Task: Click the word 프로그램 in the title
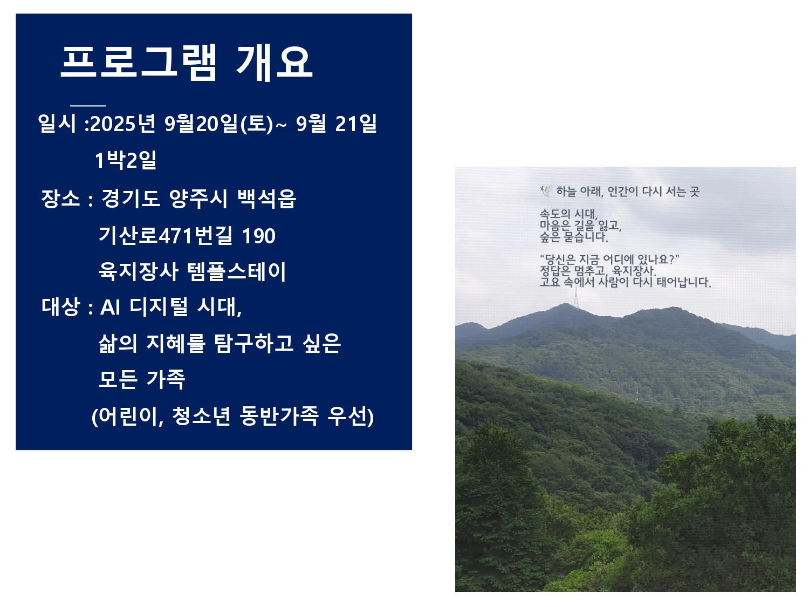click(x=139, y=63)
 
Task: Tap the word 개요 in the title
click(x=275, y=63)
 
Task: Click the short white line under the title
click(x=88, y=106)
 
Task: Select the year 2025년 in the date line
click(x=123, y=123)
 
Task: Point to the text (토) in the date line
click(x=257, y=123)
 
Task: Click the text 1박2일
click(x=126, y=160)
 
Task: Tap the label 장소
click(x=60, y=199)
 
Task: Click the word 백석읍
click(x=266, y=199)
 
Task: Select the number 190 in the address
click(x=259, y=236)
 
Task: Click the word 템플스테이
click(x=236, y=271)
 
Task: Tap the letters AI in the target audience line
click(x=110, y=307)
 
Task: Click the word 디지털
click(x=159, y=306)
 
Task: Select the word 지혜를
click(x=176, y=344)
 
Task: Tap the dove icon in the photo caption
click(x=546, y=191)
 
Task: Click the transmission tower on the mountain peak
click(x=576, y=297)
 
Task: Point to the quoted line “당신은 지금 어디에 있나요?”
click(x=609, y=260)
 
